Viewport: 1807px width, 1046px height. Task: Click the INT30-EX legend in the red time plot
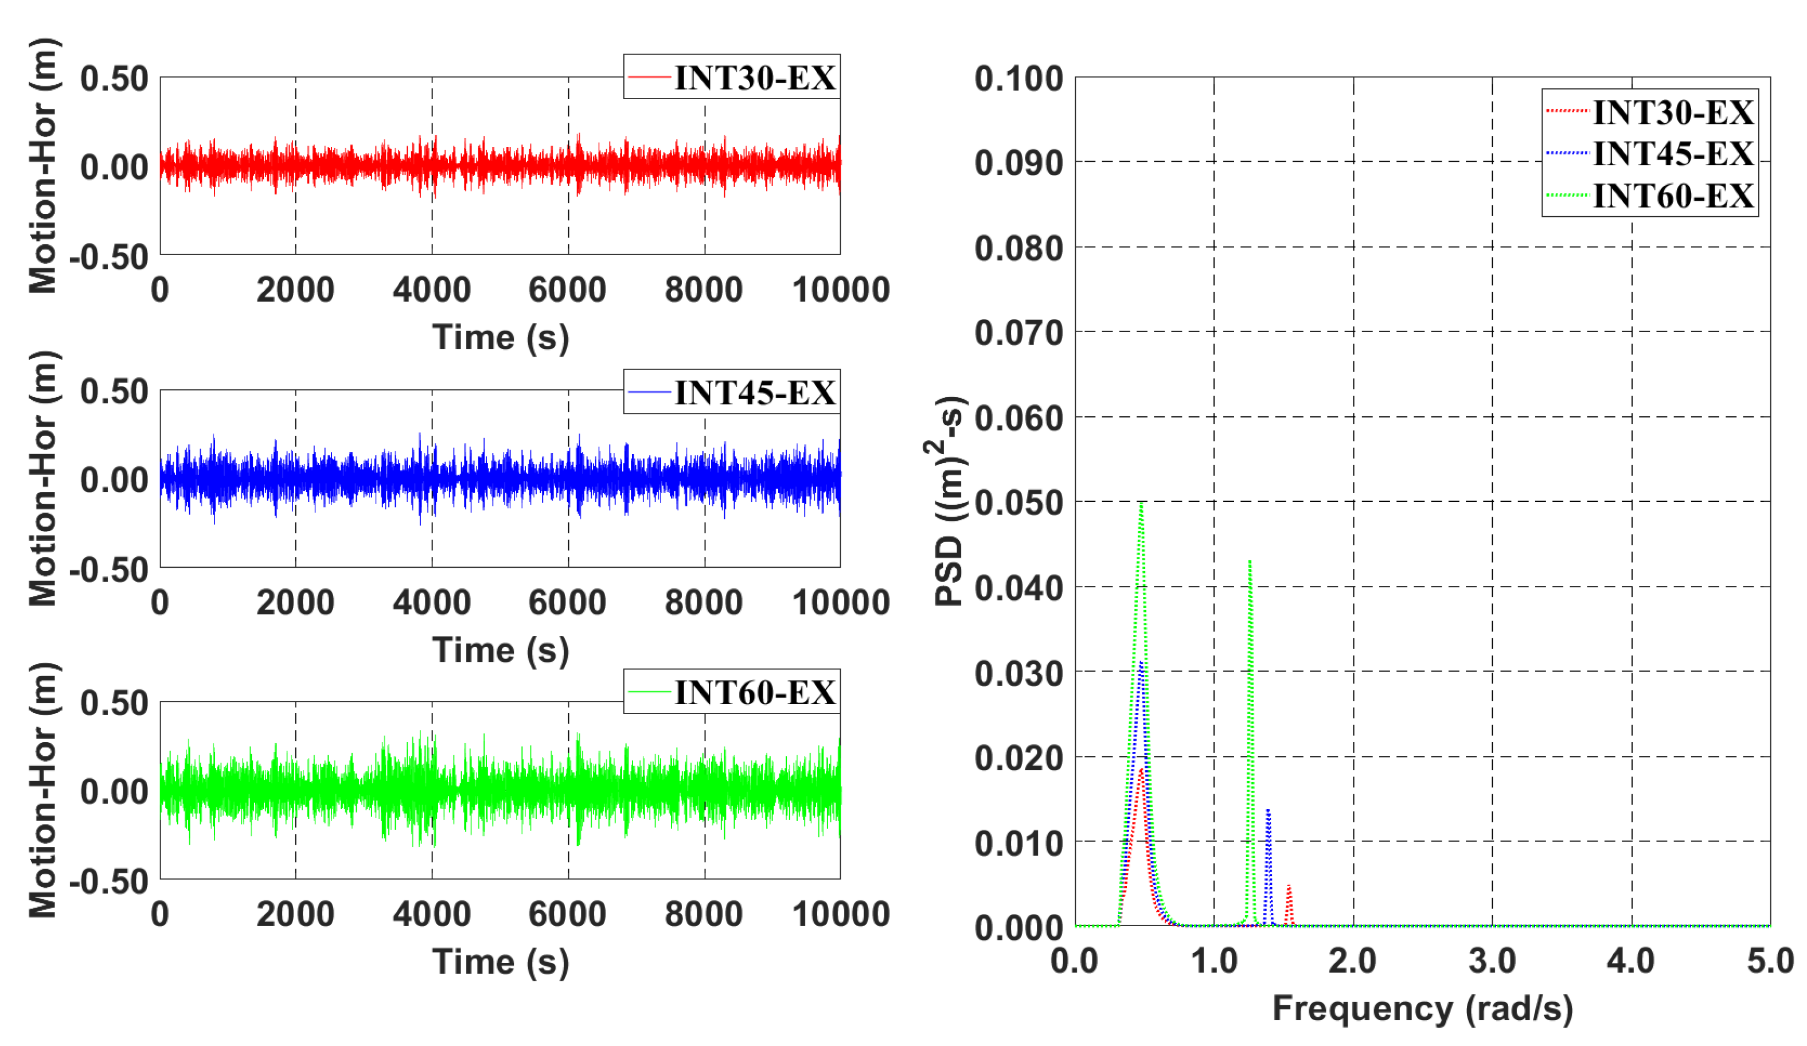(x=731, y=77)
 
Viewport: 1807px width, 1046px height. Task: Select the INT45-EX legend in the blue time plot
(x=731, y=392)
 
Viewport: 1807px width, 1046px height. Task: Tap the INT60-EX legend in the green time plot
(x=731, y=691)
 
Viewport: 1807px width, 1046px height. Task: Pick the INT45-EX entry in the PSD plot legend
(x=1650, y=153)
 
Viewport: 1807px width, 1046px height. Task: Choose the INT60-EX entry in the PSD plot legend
(x=1650, y=195)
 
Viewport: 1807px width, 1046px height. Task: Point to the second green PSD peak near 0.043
(x=1250, y=562)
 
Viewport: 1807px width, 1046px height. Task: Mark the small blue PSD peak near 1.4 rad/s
(x=1269, y=811)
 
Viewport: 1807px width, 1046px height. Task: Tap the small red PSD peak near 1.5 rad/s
(x=1289, y=887)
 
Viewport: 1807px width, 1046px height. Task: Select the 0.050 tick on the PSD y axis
(x=1018, y=502)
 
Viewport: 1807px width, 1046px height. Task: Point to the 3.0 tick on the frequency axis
(x=1492, y=961)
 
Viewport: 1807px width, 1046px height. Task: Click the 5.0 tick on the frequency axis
(x=1770, y=961)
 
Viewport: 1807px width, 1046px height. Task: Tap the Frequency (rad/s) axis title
(x=1423, y=1009)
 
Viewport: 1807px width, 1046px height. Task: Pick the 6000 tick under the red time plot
(x=567, y=290)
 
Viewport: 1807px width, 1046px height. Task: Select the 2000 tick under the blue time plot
(x=295, y=602)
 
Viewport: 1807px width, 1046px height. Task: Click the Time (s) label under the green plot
(x=501, y=962)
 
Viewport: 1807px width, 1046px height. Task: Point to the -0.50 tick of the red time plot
(x=109, y=256)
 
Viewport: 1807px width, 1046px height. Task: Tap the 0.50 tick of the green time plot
(x=114, y=702)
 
